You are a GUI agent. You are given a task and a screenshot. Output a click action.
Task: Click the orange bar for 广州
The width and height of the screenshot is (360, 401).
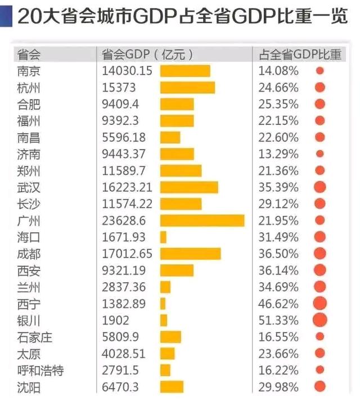tap(202, 220)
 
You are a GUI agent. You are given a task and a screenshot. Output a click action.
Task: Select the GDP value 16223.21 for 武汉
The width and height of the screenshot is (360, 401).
tap(127, 187)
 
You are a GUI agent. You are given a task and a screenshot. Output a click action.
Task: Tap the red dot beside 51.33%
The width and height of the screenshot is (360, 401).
tap(320, 319)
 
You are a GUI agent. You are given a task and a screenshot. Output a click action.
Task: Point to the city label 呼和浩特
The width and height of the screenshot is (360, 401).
tap(40, 371)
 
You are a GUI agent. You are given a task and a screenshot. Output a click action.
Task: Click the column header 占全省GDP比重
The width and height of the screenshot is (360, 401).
tap(300, 55)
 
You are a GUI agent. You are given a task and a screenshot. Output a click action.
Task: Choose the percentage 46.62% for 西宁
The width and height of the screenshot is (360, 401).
tap(278, 304)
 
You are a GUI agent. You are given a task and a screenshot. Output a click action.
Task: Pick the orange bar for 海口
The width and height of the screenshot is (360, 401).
tap(163, 237)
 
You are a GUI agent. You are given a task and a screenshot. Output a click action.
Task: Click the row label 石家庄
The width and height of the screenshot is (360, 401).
tap(35, 337)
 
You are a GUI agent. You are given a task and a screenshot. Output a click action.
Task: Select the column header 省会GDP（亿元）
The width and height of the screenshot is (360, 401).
tap(147, 55)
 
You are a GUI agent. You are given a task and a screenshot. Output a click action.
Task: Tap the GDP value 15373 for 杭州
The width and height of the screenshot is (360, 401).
tap(119, 88)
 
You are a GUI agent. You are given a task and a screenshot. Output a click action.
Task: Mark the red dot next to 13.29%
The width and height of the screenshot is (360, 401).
tap(320, 154)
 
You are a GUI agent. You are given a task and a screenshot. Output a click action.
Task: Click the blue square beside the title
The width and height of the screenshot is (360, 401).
tap(6, 16)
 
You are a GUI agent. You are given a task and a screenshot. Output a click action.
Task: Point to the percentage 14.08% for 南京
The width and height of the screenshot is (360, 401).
tap(278, 71)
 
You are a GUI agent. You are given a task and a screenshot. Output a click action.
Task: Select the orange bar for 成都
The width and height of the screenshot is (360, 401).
tap(191, 254)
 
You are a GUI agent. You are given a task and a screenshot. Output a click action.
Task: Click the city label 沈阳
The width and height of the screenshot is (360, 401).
tap(29, 387)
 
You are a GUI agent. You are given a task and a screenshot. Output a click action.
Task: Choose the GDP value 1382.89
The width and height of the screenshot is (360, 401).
tap(124, 304)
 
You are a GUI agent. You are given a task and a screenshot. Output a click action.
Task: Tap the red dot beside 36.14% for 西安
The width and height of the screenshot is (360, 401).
tap(320, 271)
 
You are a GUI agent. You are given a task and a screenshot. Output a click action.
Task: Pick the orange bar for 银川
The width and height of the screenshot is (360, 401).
tap(164, 321)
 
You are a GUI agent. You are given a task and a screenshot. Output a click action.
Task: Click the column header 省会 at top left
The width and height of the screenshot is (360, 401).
tap(29, 55)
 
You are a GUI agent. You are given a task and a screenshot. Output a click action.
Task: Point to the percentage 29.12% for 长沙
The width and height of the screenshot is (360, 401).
tap(278, 204)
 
